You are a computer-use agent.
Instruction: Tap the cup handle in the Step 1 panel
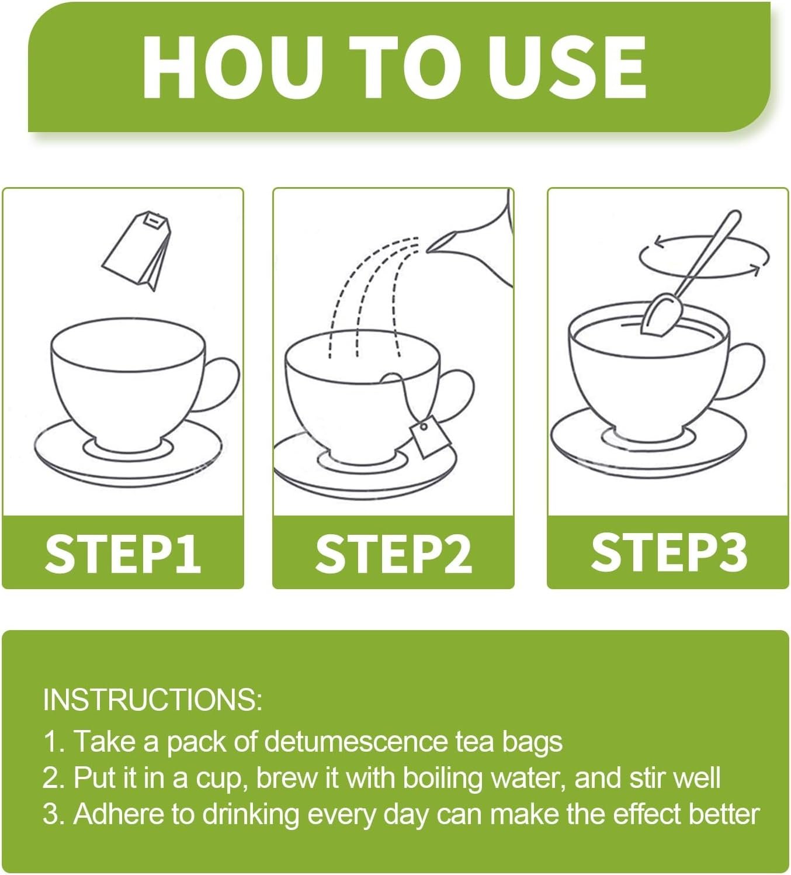tap(221, 384)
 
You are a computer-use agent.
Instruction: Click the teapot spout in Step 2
tap(441, 242)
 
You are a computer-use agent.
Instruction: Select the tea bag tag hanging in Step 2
tap(429, 436)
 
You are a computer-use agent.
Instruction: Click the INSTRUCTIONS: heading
tap(152, 699)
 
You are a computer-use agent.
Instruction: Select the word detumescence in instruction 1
tap(356, 741)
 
